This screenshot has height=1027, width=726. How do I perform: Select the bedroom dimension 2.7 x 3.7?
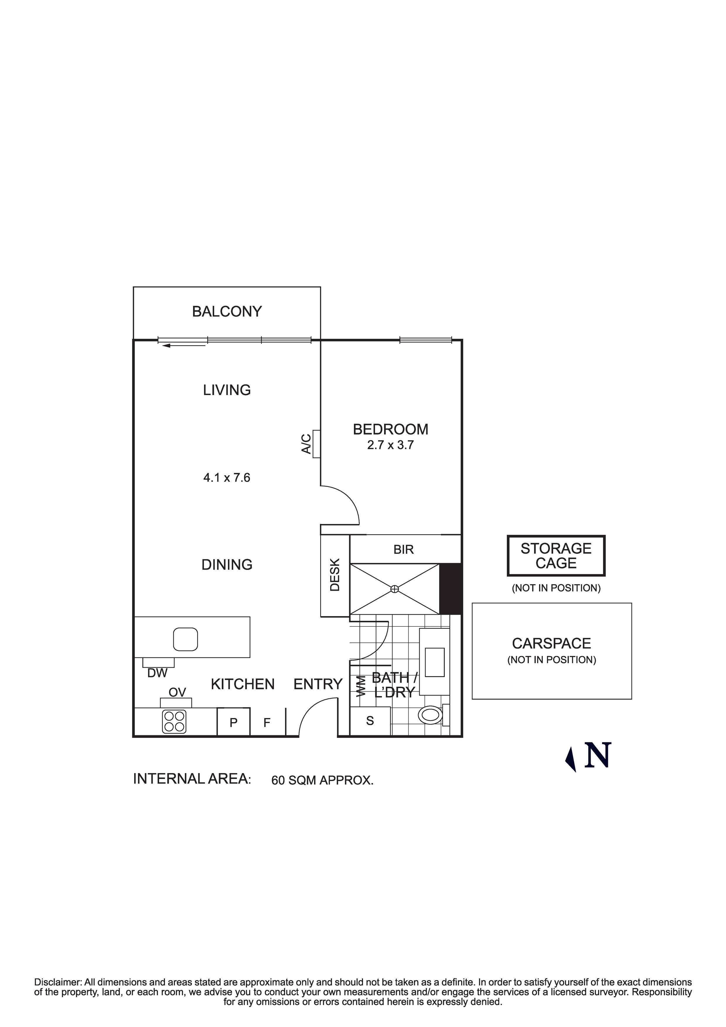390,445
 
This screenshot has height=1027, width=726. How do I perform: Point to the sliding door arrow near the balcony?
183,345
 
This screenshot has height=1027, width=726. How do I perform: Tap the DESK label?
335,575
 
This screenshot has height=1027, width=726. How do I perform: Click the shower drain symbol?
394,589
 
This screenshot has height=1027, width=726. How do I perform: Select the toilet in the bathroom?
430,715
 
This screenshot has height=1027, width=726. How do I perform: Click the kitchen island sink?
185,639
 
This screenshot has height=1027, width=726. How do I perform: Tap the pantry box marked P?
233,722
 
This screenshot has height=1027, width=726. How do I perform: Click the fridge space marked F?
267,722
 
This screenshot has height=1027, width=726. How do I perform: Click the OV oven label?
177,692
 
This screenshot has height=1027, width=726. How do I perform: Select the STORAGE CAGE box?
556,556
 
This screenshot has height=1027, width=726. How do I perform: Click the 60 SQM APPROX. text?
322,780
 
